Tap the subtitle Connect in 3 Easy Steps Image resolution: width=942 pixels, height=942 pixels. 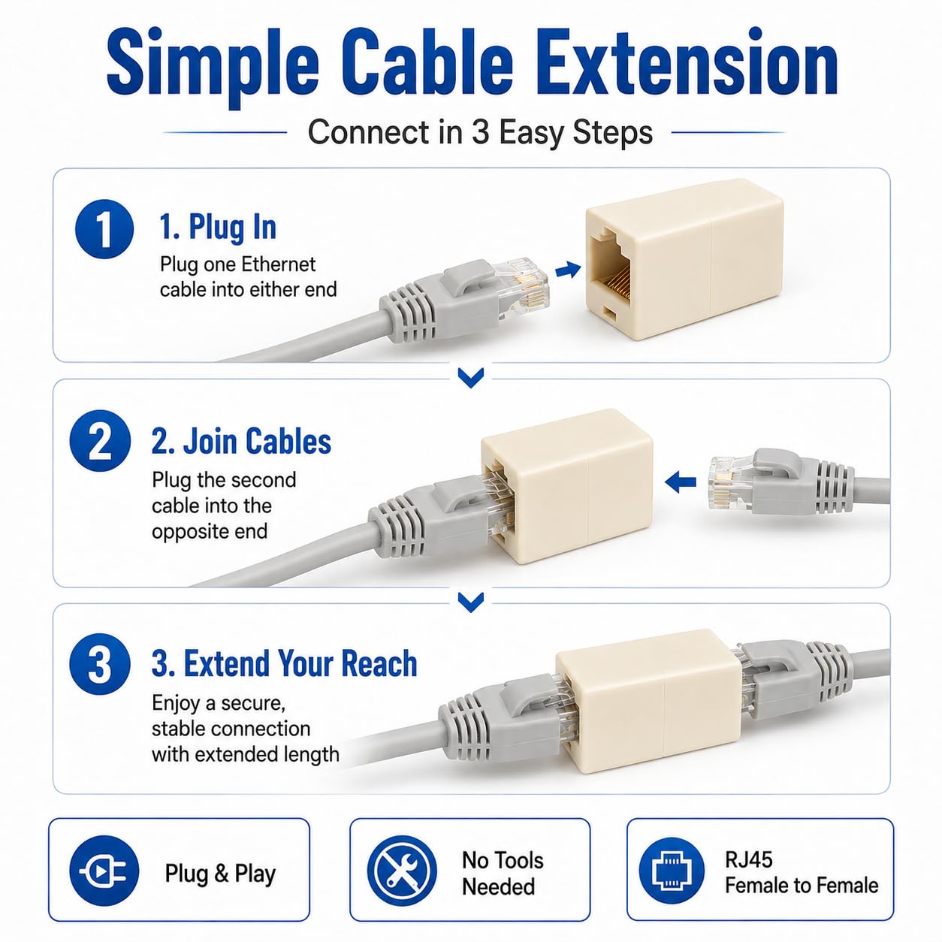(x=480, y=132)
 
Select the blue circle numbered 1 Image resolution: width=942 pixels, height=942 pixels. (x=104, y=229)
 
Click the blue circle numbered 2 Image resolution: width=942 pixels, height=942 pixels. (x=100, y=440)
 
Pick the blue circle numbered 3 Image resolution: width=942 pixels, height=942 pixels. (x=100, y=664)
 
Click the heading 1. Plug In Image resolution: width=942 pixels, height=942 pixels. (x=218, y=228)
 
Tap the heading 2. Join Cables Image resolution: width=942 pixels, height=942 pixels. (x=241, y=441)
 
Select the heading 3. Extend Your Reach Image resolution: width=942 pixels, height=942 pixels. (x=284, y=663)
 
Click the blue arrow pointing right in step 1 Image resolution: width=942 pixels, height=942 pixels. (x=568, y=270)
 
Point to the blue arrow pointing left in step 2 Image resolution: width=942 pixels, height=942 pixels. (x=680, y=482)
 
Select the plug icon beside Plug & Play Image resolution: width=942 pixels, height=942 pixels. (x=104, y=871)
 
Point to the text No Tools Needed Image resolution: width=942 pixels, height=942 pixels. (x=503, y=874)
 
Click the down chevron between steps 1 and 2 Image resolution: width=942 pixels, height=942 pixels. (x=471, y=377)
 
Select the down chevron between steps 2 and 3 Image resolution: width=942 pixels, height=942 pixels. (x=471, y=602)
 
